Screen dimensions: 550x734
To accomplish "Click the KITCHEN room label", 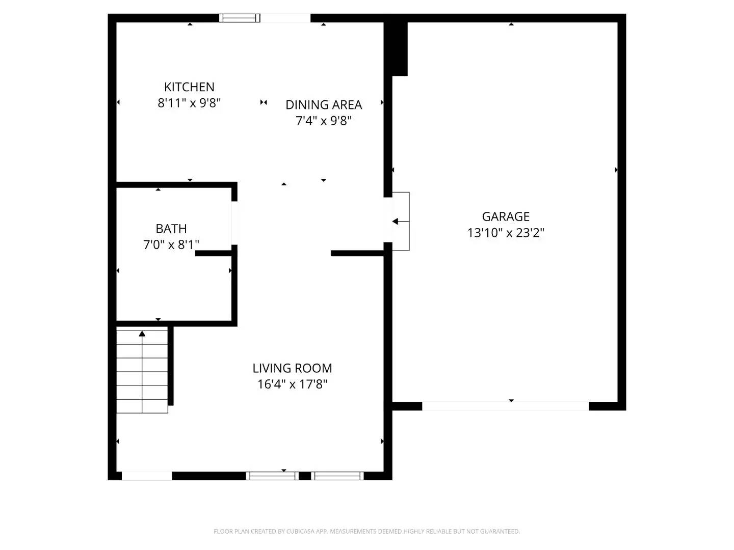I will click(x=189, y=87).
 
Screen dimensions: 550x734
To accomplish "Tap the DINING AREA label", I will click(x=324, y=105).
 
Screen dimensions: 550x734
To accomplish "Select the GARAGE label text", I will click(x=506, y=217).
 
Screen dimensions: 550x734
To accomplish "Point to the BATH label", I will click(x=171, y=229).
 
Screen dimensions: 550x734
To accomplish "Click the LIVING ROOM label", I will click(x=292, y=368).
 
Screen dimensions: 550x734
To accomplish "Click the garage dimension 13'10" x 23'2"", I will click(x=506, y=233).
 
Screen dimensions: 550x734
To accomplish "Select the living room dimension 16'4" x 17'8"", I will click(x=292, y=384).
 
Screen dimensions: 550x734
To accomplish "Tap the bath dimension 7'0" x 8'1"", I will click(x=171, y=245).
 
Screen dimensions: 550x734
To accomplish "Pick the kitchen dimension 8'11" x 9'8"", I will click(x=189, y=103).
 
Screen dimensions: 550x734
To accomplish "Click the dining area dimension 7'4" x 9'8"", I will click(x=324, y=121).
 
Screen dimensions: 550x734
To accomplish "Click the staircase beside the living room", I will click(x=142, y=372).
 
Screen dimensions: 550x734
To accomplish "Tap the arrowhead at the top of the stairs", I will click(x=142, y=334).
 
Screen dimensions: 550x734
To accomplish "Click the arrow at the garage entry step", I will click(x=396, y=222).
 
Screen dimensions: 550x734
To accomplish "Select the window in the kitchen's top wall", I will click(x=240, y=18).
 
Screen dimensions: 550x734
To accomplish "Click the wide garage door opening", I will click(x=505, y=406).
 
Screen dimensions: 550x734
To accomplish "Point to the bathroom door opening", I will click(x=235, y=223).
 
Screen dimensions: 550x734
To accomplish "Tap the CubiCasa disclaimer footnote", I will click(x=366, y=531).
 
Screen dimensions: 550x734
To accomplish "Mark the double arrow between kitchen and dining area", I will click(x=264, y=102).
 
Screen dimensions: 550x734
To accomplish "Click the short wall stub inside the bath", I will click(x=214, y=253).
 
